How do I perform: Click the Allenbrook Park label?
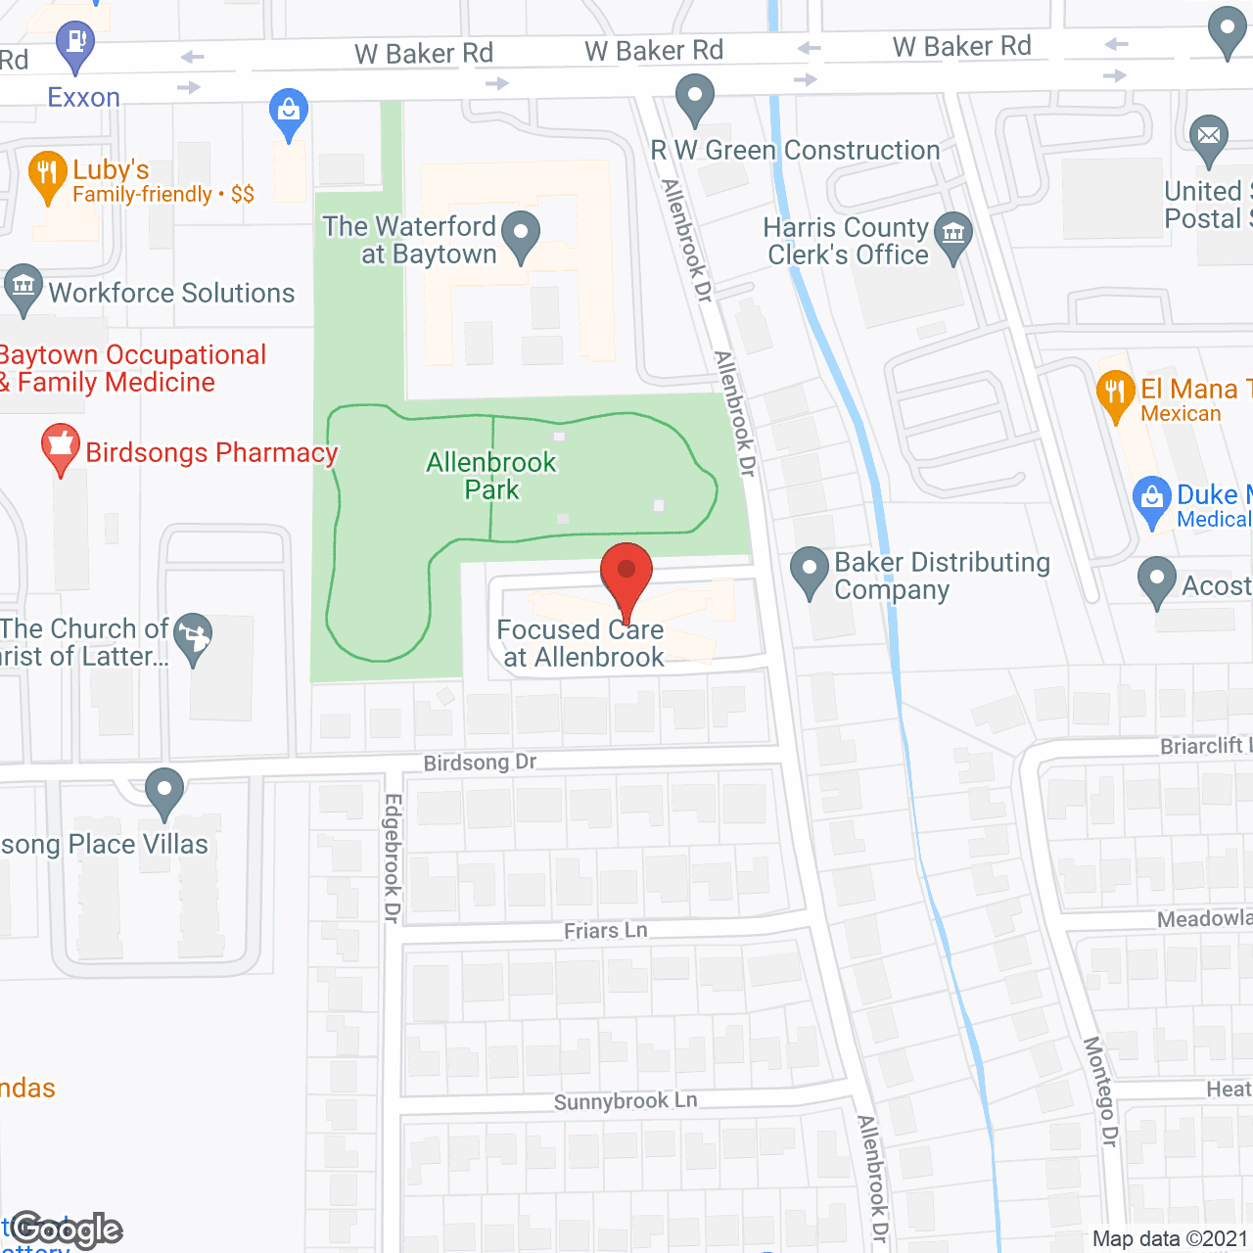pos(491,476)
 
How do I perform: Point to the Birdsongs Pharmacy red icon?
pos(60,448)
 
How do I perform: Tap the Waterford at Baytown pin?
pos(521,236)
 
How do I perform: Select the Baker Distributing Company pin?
pos(810,571)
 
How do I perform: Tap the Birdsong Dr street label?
pos(480,762)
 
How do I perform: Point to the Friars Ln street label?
pos(605,930)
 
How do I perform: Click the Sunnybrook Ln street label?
pos(626,1101)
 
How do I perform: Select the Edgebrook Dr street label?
pos(393,858)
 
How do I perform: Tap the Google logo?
pos(67,1230)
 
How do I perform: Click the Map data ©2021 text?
pos(1170,1238)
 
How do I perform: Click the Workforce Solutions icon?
pos(23,289)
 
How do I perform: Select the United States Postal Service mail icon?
pos(1209,138)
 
